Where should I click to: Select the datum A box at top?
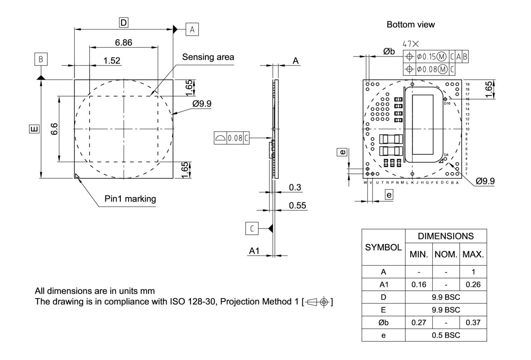pos(192,29)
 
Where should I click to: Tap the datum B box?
pos(41,59)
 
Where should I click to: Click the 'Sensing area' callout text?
pos(208,57)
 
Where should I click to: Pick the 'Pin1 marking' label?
pos(130,199)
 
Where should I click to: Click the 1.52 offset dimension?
pos(112,61)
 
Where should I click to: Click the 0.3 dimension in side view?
pos(295,187)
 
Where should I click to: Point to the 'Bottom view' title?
pos(411,25)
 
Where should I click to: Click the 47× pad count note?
pos(411,44)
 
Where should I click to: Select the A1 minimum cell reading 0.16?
pos(419,285)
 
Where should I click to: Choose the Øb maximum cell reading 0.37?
pos(473,322)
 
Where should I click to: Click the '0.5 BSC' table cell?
pos(446,335)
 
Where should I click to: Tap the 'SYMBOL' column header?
pos(383,248)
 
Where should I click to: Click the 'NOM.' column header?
pos(446,254)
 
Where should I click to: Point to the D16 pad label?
pos(447,103)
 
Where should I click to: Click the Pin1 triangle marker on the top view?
pos(77,176)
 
